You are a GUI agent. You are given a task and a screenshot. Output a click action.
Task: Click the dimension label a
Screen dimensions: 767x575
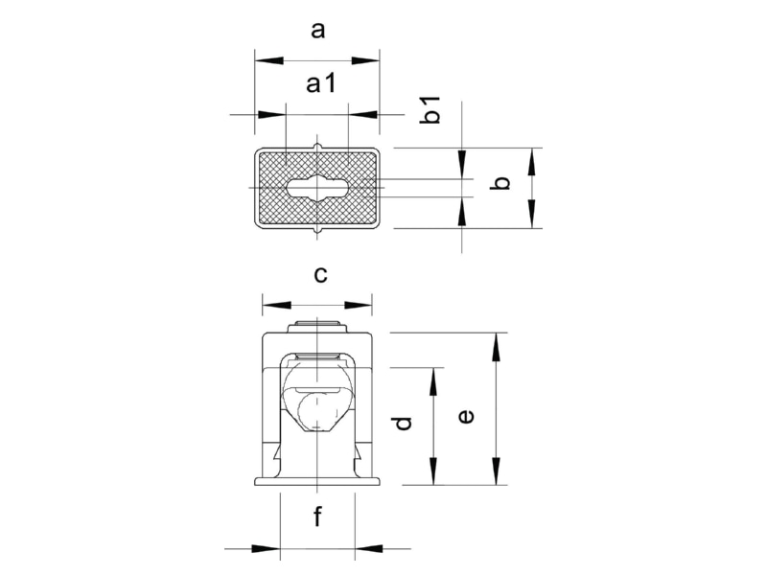click(x=318, y=31)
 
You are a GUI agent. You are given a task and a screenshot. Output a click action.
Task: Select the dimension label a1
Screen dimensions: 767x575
click(x=321, y=83)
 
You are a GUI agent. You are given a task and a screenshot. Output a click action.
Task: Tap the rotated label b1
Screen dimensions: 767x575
click(x=430, y=109)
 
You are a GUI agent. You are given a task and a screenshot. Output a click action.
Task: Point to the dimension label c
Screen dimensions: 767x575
click(x=320, y=275)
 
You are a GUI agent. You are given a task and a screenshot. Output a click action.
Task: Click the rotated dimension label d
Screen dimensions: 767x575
click(x=403, y=423)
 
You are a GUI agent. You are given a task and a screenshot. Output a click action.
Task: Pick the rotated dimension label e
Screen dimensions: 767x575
click(x=466, y=417)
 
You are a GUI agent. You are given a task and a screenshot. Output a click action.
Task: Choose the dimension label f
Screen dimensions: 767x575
click(x=318, y=517)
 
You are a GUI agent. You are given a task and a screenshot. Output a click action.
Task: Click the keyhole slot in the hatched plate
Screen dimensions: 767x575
click(x=318, y=187)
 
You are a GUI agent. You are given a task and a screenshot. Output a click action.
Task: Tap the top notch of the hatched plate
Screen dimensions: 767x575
click(x=318, y=147)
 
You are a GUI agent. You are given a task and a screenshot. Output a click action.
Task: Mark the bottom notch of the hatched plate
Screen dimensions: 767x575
click(x=318, y=230)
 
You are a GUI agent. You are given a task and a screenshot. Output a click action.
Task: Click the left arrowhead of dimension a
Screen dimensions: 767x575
click(x=269, y=60)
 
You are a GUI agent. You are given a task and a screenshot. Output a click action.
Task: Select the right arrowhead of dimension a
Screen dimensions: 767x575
click(x=366, y=60)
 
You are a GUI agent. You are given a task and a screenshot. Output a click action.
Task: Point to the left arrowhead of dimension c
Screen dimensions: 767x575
click(x=276, y=306)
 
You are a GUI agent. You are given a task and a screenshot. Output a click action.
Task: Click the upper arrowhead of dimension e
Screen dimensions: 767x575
click(x=497, y=347)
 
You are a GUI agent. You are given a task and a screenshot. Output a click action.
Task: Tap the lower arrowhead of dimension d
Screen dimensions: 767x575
click(x=433, y=471)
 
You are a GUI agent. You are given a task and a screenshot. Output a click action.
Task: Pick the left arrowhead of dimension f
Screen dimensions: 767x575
click(x=266, y=548)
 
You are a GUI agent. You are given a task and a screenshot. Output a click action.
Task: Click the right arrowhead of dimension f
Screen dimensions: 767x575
click(x=369, y=548)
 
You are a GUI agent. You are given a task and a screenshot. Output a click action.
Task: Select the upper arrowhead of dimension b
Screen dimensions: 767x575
click(x=533, y=162)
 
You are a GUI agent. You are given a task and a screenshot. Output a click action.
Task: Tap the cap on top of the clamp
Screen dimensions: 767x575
click(x=317, y=327)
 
